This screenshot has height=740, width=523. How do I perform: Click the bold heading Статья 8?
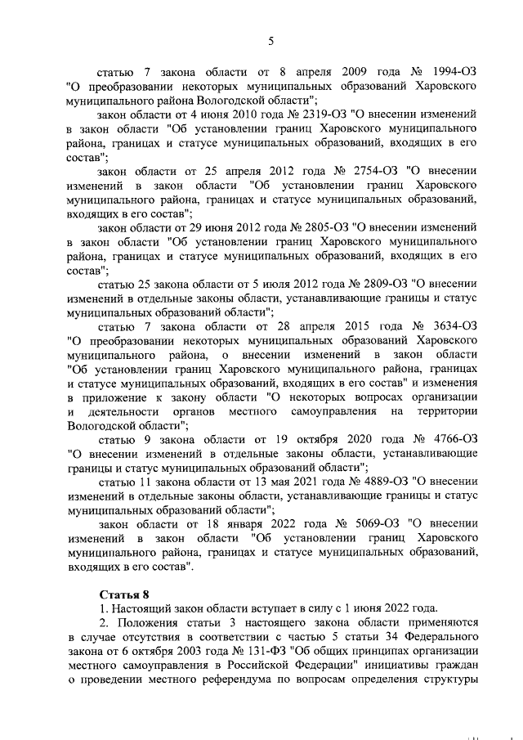121,594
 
